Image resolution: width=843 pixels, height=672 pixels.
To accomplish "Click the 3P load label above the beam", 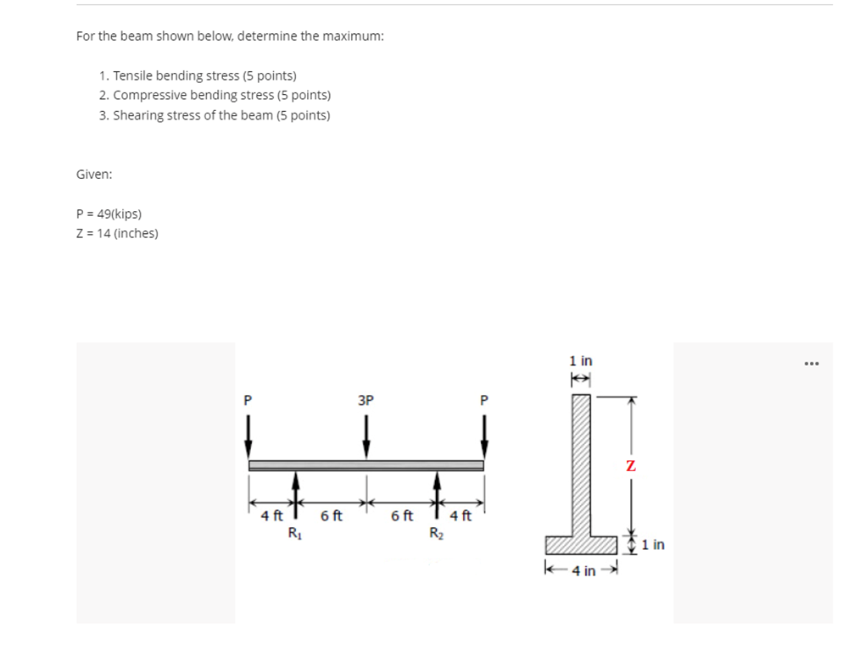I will (x=366, y=399).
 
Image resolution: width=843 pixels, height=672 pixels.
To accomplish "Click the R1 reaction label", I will (x=294, y=533).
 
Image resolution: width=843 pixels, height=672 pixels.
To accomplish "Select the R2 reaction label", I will (x=436, y=533).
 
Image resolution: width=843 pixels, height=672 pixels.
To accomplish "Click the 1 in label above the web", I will (x=581, y=361).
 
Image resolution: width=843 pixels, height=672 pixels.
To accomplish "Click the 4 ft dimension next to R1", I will (x=271, y=515).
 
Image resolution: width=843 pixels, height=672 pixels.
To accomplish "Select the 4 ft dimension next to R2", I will (x=461, y=515).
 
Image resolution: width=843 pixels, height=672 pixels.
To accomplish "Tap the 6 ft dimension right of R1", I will (x=331, y=515).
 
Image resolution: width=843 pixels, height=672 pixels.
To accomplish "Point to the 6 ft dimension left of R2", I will (x=402, y=515).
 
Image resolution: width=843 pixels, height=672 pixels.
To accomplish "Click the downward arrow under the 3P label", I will (x=366, y=436).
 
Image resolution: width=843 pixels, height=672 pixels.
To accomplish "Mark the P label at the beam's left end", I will (x=248, y=399).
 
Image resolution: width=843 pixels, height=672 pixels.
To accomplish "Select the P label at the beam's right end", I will (x=484, y=399).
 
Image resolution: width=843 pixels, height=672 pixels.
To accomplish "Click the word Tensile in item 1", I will (x=132, y=76).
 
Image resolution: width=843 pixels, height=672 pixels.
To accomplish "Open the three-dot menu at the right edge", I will (x=812, y=364).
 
